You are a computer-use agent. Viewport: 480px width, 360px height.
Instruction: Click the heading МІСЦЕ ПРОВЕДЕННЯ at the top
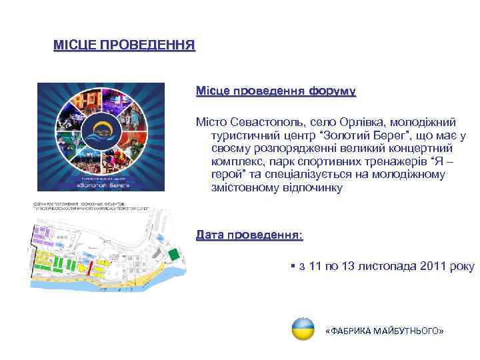coord(124,46)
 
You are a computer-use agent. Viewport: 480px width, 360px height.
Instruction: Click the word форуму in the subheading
coord(331,90)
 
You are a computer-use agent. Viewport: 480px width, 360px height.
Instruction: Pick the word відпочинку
coord(310,188)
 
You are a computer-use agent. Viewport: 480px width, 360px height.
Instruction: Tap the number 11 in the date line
coord(315,266)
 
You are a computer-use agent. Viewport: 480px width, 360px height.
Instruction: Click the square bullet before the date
coord(294,266)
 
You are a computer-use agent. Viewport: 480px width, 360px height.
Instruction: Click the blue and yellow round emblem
coord(303,329)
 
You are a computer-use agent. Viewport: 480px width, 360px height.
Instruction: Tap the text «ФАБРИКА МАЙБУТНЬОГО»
coord(383,331)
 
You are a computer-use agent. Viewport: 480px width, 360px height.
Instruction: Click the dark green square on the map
coord(173,254)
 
